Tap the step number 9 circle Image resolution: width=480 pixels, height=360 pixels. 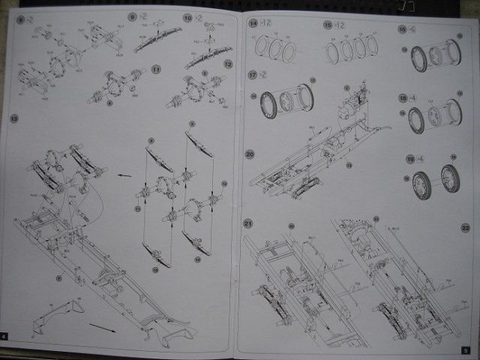tap(132, 16)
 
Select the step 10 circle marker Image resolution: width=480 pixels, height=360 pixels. tap(187, 16)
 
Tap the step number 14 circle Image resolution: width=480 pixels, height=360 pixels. tap(252, 25)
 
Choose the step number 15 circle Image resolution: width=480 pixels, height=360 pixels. tap(327, 25)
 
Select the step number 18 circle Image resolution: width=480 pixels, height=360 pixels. tap(402, 97)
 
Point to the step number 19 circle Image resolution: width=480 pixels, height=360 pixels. tap(409, 159)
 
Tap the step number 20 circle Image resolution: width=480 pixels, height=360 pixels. tap(250, 154)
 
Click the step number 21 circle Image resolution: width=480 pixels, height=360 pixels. tap(247, 223)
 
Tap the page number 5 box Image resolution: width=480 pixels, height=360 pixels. tap(465, 349)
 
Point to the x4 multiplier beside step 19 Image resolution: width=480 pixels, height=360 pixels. tap(421, 159)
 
